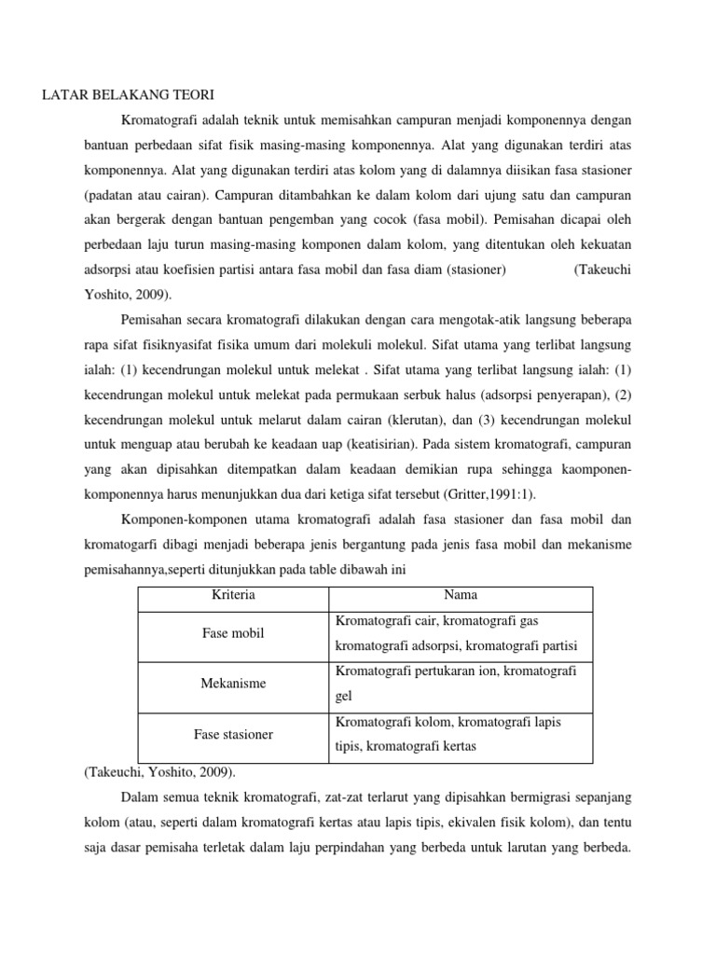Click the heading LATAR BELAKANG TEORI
[129, 95]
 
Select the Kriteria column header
[233, 595]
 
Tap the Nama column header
[460, 595]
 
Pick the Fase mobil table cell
[233, 633]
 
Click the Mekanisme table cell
[233, 684]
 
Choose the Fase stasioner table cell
[233, 734]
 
